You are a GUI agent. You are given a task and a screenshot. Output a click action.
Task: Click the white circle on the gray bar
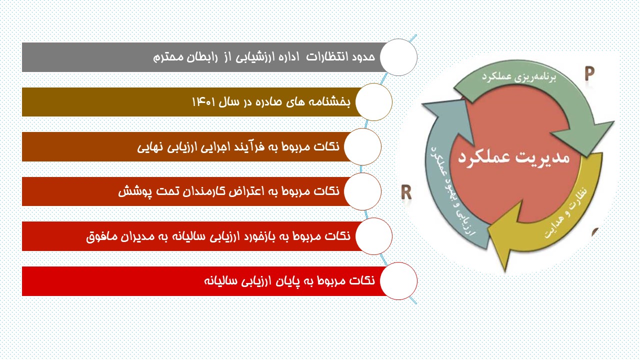398,57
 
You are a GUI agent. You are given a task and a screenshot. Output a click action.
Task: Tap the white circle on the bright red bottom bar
398,281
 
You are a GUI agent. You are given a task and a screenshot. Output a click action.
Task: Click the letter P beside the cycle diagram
589,73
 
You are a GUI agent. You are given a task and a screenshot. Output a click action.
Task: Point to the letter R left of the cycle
406,191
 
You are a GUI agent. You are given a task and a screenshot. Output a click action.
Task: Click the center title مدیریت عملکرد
514,157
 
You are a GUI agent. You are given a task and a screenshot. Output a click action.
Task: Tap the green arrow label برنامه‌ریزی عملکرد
519,77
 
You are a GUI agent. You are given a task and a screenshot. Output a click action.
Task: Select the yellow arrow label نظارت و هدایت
566,213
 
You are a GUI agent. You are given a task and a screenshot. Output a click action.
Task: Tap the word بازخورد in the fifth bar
261,236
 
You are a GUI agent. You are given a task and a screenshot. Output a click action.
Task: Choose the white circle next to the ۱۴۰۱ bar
373,102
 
